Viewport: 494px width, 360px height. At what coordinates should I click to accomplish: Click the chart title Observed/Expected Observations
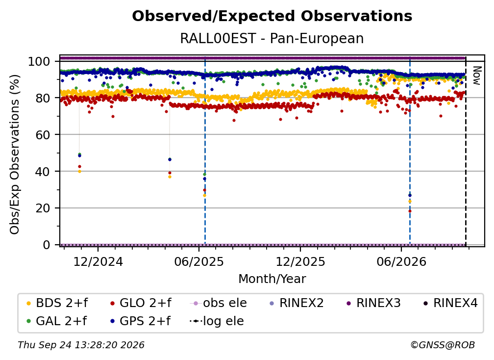(x=272, y=16)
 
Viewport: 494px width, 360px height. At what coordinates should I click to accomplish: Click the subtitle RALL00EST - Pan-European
(x=272, y=38)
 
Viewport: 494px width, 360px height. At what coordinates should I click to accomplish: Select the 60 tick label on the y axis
(x=43, y=135)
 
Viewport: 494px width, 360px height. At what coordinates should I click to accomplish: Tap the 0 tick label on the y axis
(x=47, y=245)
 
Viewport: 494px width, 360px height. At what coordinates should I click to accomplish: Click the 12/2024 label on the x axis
(x=98, y=261)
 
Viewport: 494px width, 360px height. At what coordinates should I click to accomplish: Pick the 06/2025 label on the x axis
(x=199, y=261)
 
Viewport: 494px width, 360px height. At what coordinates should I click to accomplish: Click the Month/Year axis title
(x=272, y=279)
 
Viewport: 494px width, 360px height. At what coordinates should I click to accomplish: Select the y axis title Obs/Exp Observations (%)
(x=15, y=154)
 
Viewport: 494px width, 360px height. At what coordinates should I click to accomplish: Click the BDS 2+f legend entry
(x=57, y=303)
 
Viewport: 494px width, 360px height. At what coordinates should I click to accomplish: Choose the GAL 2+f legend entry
(x=57, y=321)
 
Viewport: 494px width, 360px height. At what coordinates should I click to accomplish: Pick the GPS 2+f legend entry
(x=141, y=321)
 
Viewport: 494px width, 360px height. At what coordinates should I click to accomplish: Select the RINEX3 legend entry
(x=373, y=303)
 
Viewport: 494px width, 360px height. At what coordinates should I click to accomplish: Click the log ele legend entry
(x=217, y=321)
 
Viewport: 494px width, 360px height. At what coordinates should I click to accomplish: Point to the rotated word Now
(x=477, y=76)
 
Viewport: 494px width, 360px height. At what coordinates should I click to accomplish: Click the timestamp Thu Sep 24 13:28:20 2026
(x=81, y=345)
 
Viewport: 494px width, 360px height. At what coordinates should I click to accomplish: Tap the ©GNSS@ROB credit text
(x=443, y=345)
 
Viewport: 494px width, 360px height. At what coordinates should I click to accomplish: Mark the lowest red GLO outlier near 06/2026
(x=410, y=211)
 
